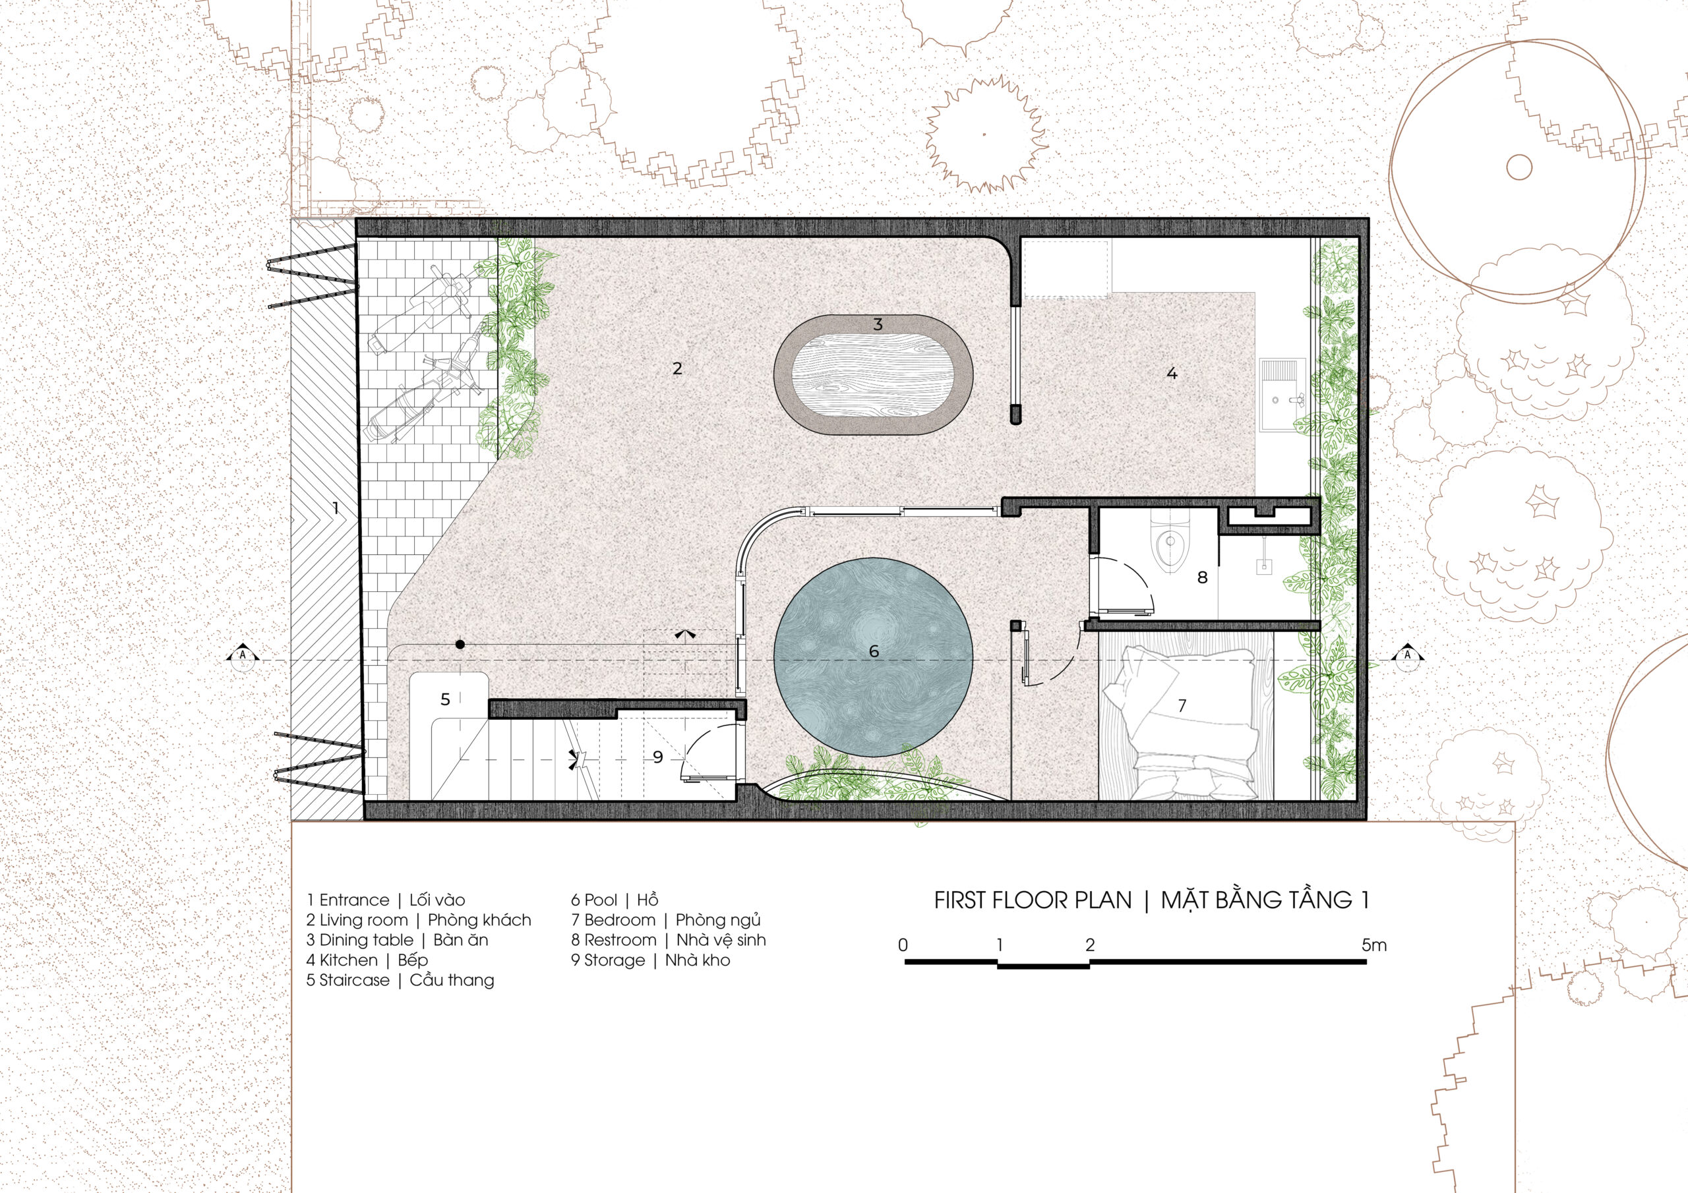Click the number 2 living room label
tap(677, 368)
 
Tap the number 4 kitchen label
tap(1172, 374)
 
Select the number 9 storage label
tap(658, 757)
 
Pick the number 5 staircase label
tap(445, 699)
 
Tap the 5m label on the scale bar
tap(1373, 945)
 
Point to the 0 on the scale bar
tap(903, 945)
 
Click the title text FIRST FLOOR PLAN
tap(1033, 900)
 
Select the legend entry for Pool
tap(615, 900)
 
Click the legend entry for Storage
tap(651, 960)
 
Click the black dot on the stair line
tap(460, 645)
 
